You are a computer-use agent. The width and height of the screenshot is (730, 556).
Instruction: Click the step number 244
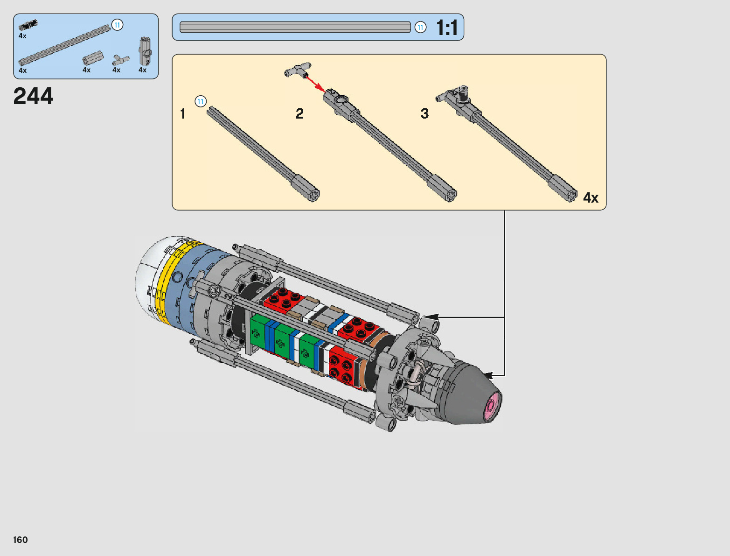[33, 96]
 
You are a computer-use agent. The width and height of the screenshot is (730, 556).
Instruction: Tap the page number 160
[20, 540]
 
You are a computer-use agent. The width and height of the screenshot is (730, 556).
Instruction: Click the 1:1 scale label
[447, 27]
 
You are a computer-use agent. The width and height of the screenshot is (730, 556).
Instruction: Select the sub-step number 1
[182, 114]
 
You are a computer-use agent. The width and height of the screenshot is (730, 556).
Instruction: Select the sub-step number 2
[299, 114]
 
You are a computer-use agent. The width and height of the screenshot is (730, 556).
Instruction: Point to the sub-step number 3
[424, 113]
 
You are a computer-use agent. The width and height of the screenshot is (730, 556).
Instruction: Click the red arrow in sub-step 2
[316, 84]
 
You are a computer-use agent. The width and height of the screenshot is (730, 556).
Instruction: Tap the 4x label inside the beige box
[591, 197]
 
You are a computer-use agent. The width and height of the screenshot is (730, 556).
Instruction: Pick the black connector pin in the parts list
[28, 25]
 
